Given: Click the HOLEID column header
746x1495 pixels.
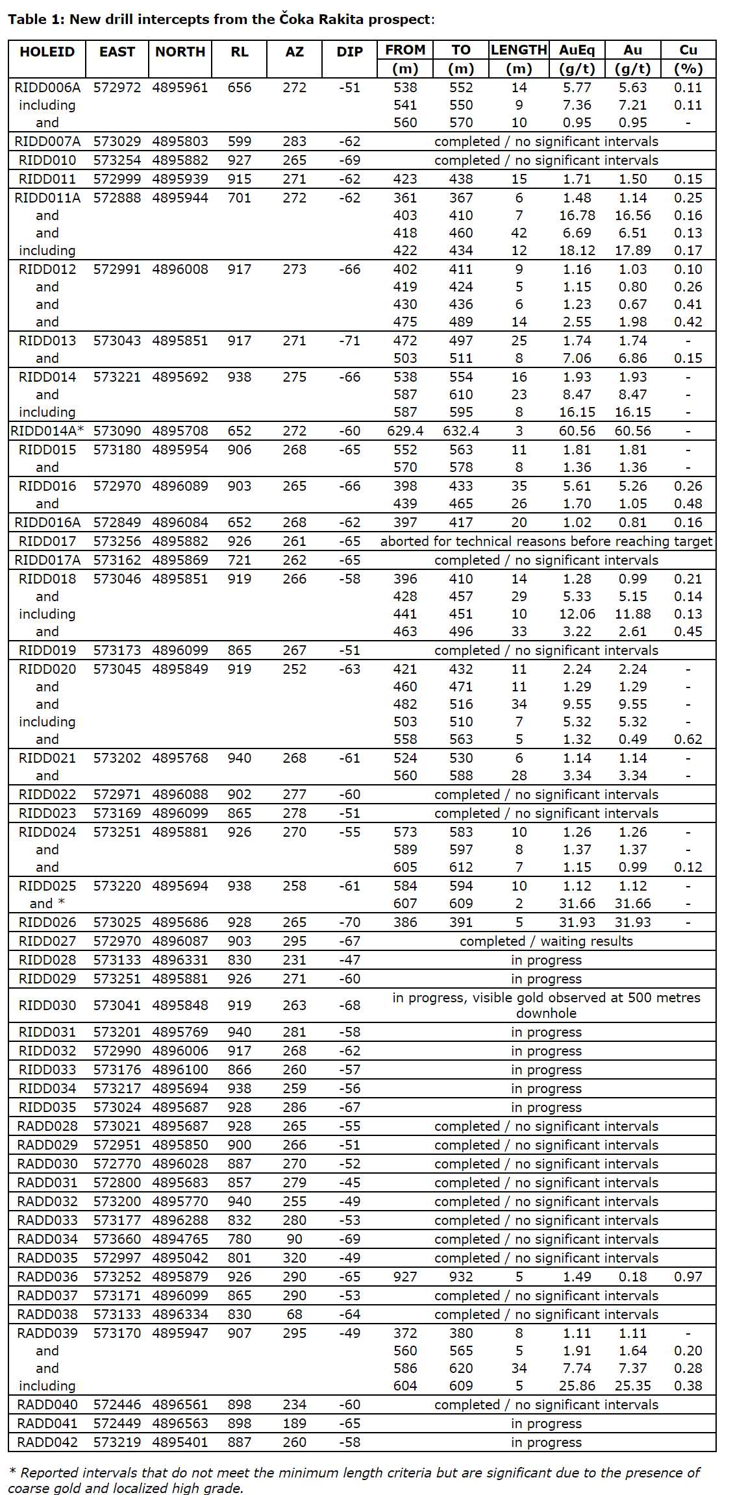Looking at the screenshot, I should click(47, 52).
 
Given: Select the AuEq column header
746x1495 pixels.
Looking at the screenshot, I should click(577, 50).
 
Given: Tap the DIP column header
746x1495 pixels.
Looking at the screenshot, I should click(349, 52).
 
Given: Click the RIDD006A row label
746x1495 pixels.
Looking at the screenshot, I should click(47, 88).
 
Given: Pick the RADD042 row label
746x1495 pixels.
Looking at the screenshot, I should click(47, 1442).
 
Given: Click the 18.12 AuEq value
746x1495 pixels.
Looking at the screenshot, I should click(577, 251).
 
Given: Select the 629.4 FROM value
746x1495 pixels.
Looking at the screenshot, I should click(405, 431).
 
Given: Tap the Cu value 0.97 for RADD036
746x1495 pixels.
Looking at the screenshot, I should click(688, 1276).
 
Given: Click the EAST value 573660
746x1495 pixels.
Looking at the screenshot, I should click(117, 1239).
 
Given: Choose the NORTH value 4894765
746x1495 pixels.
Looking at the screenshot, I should click(180, 1239).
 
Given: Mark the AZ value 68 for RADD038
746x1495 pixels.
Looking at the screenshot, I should click(294, 1314).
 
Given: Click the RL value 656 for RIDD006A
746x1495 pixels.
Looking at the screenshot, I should click(239, 88).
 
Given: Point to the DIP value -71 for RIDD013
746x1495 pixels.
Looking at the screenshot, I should click(349, 341).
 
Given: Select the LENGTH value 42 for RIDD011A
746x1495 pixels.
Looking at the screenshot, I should click(519, 233).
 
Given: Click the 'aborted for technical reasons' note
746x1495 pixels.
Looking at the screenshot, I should click(545, 541).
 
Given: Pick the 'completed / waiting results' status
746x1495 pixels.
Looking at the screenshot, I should click(545, 941).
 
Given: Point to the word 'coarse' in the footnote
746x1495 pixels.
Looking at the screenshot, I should click(29, 1488).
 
